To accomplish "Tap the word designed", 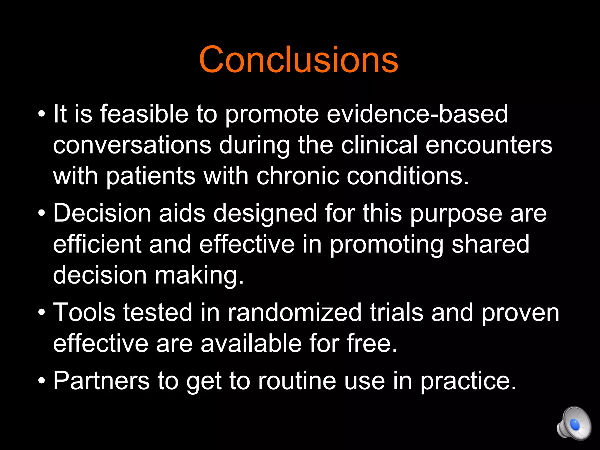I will (x=265, y=214).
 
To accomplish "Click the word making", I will (x=199, y=276).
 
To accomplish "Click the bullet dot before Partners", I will (x=42, y=381).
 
